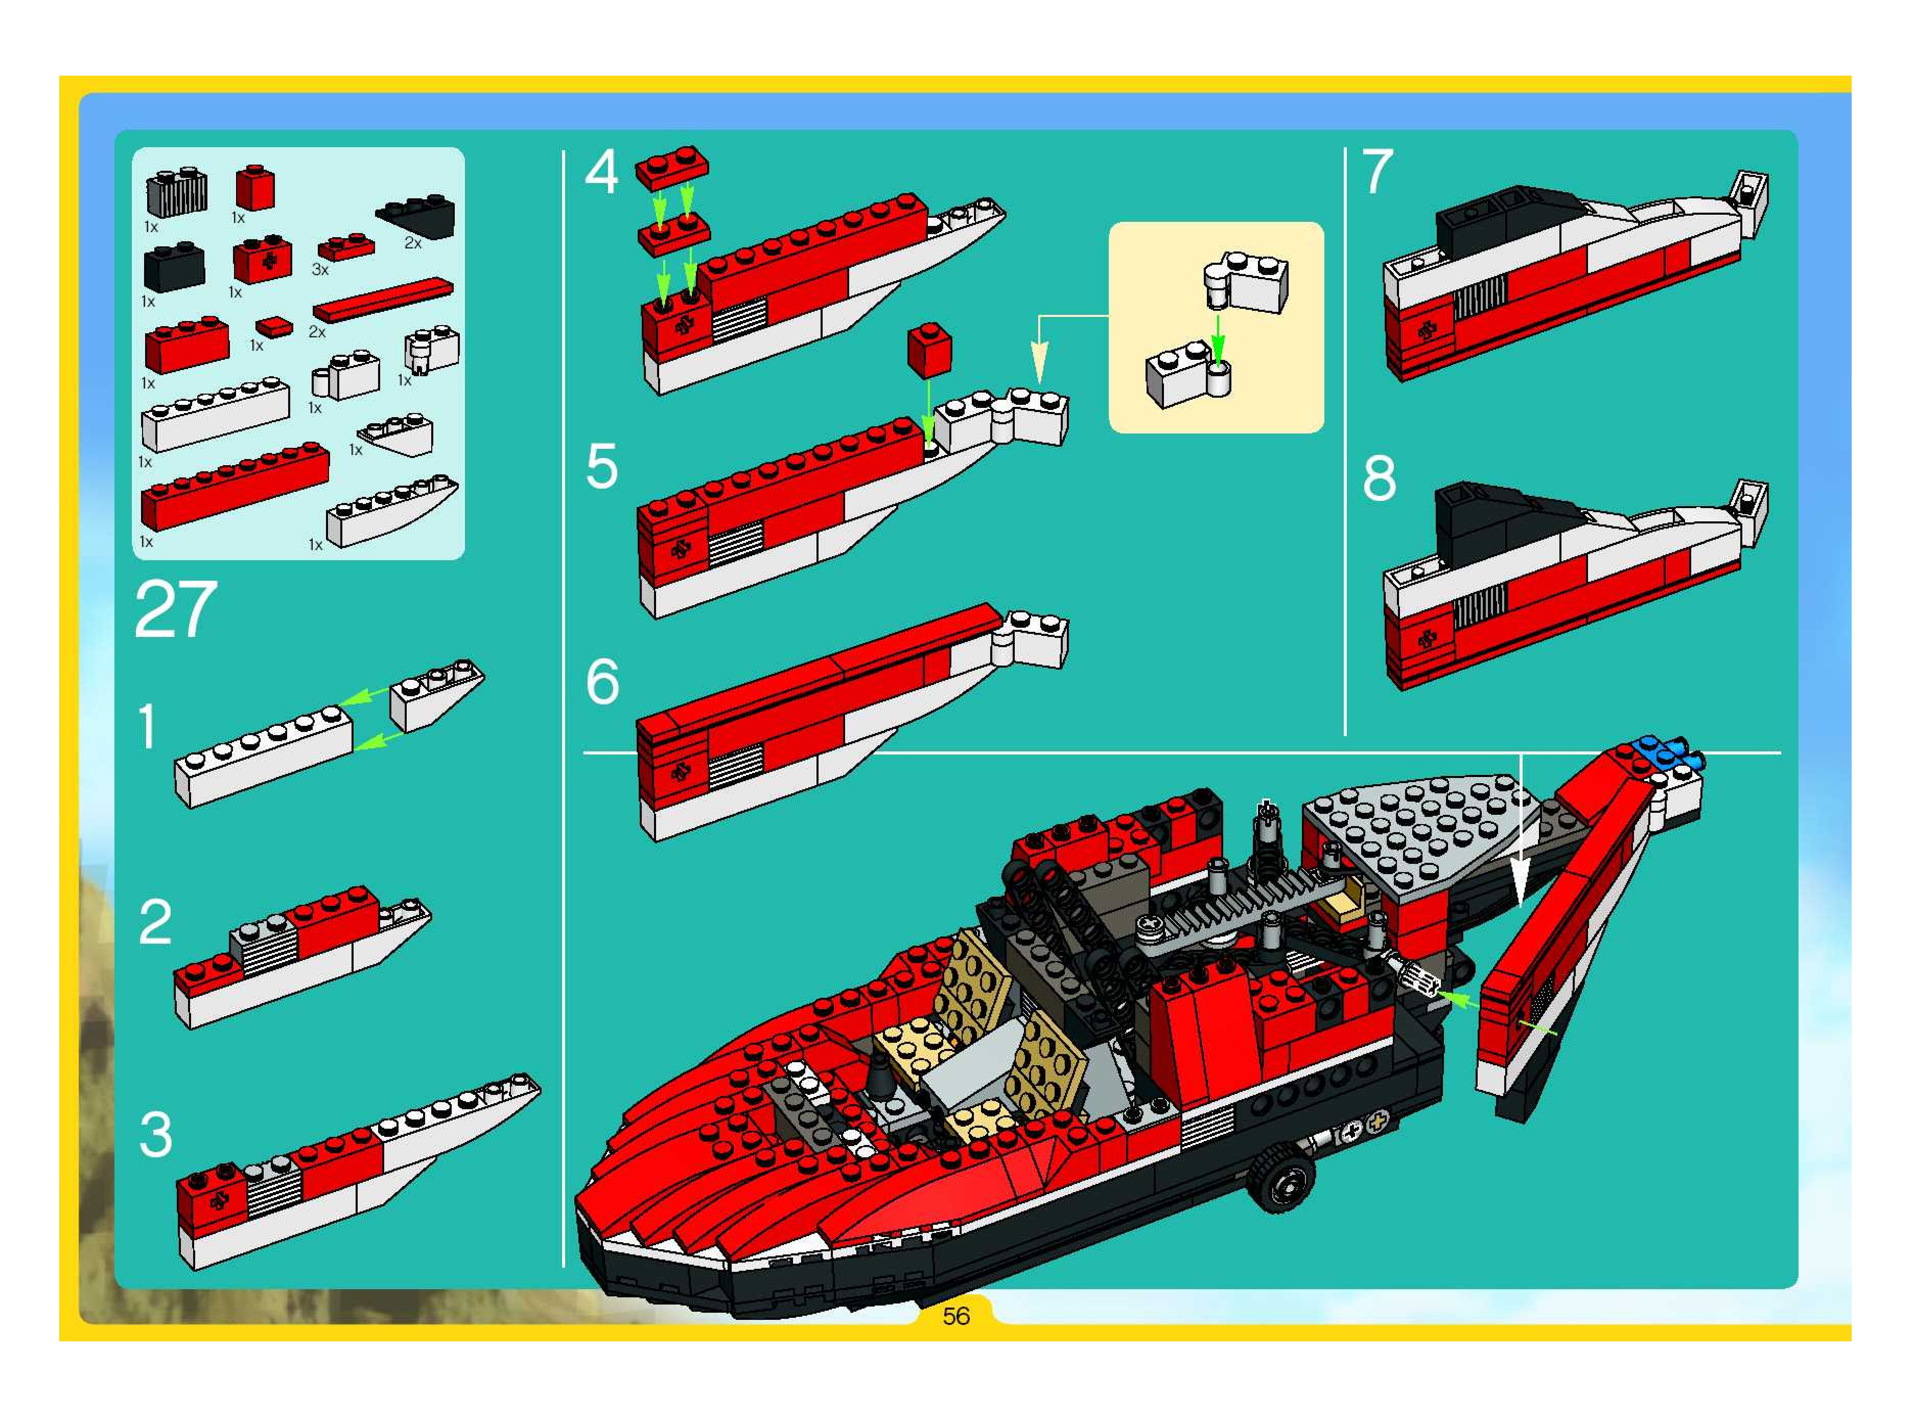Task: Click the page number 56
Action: coord(955,1316)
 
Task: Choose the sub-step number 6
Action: coord(602,682)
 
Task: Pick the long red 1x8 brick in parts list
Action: coord(234,487)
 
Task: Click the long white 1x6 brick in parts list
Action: coord(215,414)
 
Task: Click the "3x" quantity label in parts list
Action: coord(320,269)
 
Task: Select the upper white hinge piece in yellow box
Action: coord(1247,282)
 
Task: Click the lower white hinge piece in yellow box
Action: coord(1189,375)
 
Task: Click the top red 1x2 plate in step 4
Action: coord(672,167)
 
